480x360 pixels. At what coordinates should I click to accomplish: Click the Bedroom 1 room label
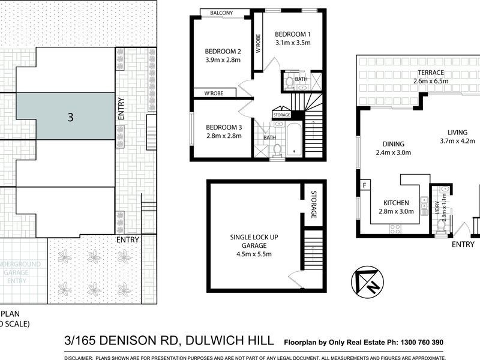[293, 33]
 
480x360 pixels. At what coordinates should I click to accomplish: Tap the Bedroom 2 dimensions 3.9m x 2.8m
[223, 61]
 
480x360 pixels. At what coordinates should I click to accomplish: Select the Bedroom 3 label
[223, 127]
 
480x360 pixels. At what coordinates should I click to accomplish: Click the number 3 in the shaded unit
[71, 118]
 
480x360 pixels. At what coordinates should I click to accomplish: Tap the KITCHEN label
[397, 203]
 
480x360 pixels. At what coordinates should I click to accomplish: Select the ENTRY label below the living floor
[463, 244]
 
